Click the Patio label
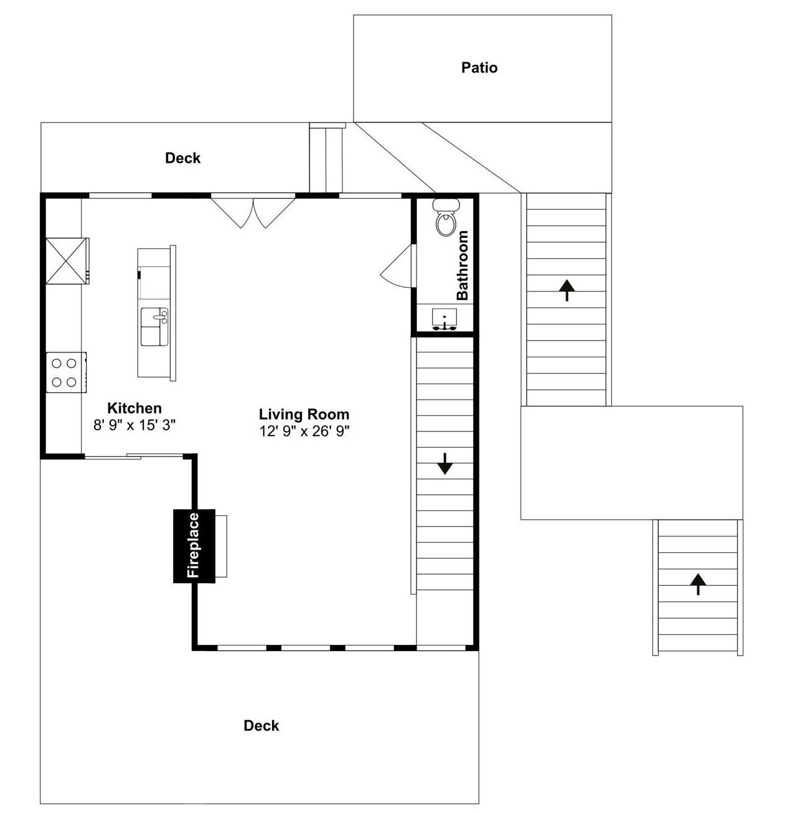479,68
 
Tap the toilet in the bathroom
446,217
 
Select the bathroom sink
445,319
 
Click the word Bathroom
463,265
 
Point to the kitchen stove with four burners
66,372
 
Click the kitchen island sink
154,327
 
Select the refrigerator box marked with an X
67,261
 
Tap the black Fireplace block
194,546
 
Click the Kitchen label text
134,408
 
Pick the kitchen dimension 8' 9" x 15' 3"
134,425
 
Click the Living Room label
304,415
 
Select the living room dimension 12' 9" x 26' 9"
304,431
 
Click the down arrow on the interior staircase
445,464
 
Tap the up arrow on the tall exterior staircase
567,290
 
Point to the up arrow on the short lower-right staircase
698,585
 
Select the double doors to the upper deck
253,212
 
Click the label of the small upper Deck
182,158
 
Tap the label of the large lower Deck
261,725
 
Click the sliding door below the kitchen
134,456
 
